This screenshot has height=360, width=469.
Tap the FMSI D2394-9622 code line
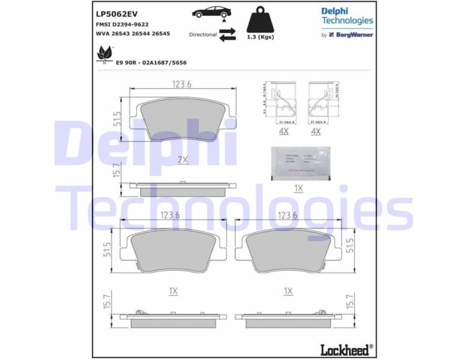(x=123, y=25)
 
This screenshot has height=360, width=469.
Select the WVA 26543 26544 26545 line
(x=133, y=34)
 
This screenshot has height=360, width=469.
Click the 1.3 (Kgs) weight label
(x=261, y=37)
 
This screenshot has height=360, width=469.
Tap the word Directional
(x=202, y=35)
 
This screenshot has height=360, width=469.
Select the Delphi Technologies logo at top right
(x=346, y=16)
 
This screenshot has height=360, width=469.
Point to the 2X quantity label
(x=183, y=160)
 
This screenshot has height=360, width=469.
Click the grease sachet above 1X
(x=300, y=163)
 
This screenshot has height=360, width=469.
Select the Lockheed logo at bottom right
(x=346, y=349)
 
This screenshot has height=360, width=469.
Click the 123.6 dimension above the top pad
(x=180, y=85)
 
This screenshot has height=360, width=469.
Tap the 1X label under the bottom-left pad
(x=173, y=291)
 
